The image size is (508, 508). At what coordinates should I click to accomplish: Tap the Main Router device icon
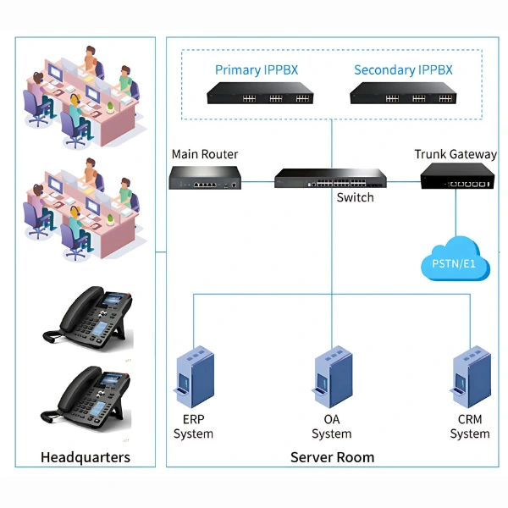[205, 177]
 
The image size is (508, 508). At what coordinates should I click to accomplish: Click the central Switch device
[330, 178]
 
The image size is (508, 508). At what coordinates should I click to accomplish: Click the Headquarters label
[86, 458]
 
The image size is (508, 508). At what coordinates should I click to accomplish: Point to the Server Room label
[332, 457]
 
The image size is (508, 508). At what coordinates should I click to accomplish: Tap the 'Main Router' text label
[205, 154]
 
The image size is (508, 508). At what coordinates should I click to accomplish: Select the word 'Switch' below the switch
[355, 197]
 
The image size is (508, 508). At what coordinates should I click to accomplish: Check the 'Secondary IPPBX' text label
[403, 69]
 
